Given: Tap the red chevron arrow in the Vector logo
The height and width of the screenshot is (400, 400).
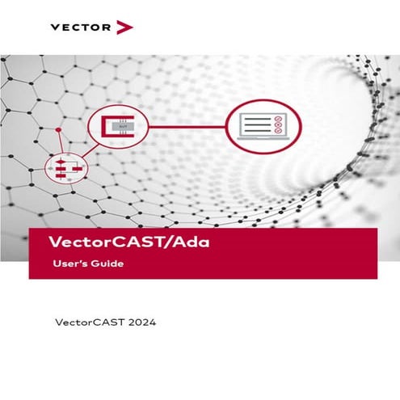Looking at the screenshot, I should tap(124, 27).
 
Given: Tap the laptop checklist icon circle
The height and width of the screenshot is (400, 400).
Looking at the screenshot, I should tap(262, 126).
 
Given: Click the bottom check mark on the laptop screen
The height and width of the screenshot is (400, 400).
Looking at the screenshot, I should tap(278, 133).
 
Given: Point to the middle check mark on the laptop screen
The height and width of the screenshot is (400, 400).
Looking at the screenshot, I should tap(278, 126).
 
